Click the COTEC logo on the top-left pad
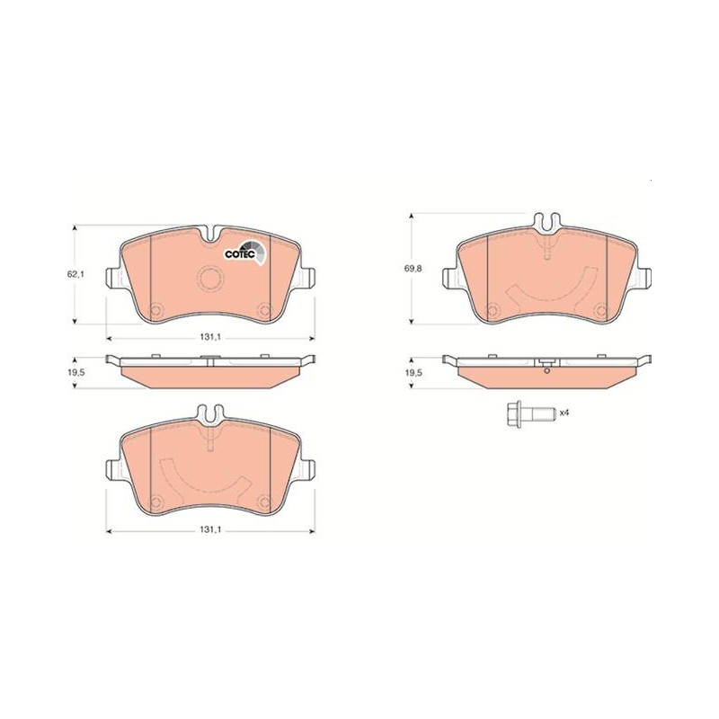[x=244, y=253]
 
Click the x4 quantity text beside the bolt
[x=564, y=413]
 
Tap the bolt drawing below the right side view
[x=531, y=414]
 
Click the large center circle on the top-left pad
[x=210, y=279]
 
